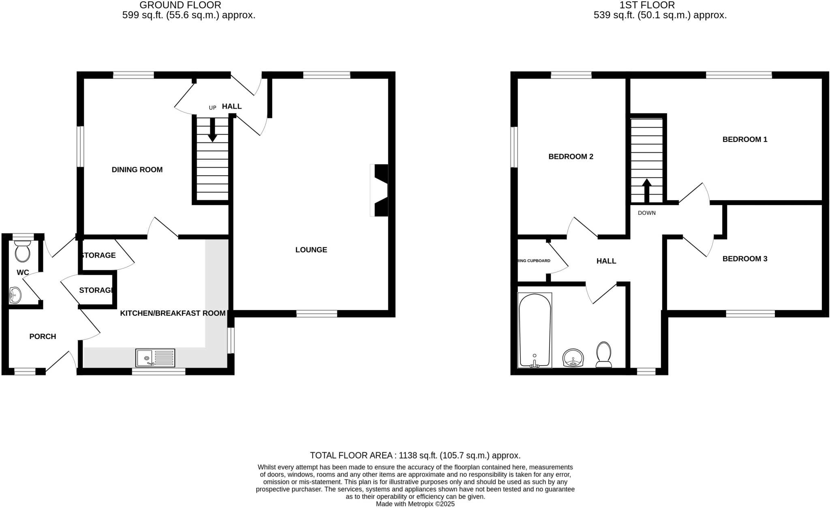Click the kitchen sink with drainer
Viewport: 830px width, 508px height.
[x=155, y=358]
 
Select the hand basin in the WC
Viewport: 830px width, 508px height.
[x=15, y=295]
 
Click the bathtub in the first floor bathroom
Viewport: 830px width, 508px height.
[x=535, y=330]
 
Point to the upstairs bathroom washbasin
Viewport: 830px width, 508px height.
[x=573, y=358]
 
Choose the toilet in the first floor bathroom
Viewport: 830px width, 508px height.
[x=604, y=355]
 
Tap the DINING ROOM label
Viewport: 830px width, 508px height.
[x=137, y=170]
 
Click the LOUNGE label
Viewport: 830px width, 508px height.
[x=311, y=250]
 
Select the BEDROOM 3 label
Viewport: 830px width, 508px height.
[x=744, y=259]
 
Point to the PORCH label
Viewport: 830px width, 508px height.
[x=43, y=337]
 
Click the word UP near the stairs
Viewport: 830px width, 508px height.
[x=212, y=108]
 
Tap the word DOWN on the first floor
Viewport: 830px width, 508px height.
[x=646, y=213]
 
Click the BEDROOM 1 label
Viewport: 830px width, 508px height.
[x=744, y=139]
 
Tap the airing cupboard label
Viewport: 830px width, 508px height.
[x=534, y=261]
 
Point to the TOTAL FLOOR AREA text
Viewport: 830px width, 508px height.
[x=415, y=455]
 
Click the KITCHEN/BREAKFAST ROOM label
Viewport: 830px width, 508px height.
[x=173, y=313]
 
